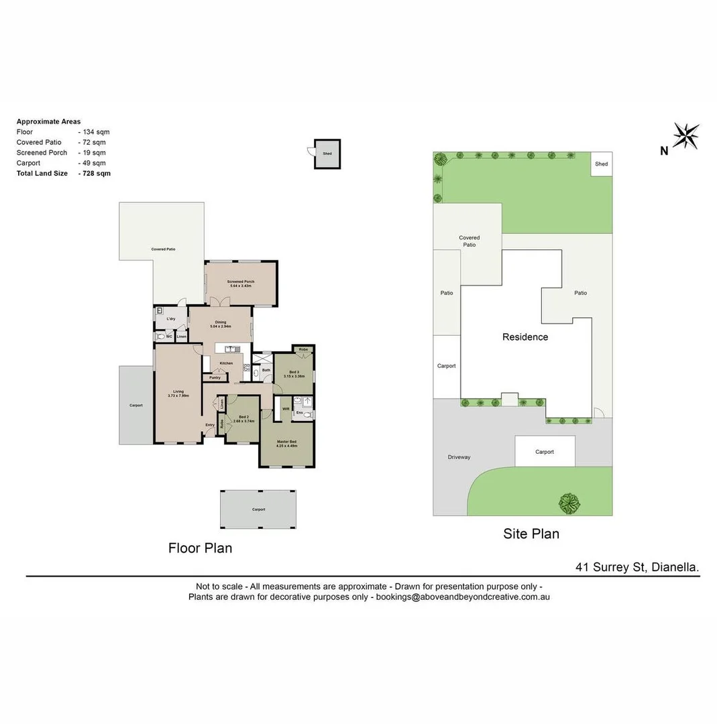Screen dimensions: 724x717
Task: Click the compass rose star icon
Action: click(685, 136)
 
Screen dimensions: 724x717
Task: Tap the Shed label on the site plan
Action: click(601, 164)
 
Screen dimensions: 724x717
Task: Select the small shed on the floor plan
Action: click(327, 154)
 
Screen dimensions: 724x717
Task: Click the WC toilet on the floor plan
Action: click(160, 337)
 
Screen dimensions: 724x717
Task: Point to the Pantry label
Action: click(215, 378)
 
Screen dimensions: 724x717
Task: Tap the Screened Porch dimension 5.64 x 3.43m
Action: click(241, 286)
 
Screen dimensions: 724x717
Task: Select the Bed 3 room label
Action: click(294, 372)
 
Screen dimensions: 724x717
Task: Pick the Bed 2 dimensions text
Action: click(243, 422)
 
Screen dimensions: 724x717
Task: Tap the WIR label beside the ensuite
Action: click(286, 408)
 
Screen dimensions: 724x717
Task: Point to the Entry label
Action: click(210, 425)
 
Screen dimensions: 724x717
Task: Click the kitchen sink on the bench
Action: click(231, 349)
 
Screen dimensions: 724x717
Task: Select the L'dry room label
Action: click(171, 318)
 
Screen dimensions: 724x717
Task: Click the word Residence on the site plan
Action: click(525, 337)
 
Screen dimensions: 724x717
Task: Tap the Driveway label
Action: click(459, 457)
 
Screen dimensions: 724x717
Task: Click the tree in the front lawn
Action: click(569, 502)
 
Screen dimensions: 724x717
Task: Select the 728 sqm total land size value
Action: click(96, 174)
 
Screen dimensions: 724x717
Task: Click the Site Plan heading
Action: click(531, 534)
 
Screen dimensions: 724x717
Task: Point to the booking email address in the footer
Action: click(463, 597)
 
